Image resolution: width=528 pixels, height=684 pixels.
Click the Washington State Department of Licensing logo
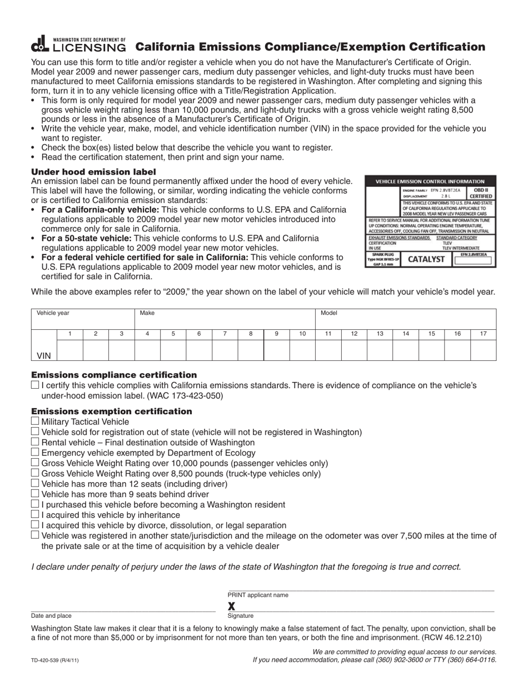coord(78,44)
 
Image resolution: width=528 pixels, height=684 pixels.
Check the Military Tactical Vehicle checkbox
coord(35,422)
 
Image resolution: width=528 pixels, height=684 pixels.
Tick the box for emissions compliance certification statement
coord(35,385)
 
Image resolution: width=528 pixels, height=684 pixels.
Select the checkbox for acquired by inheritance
coord(35,514)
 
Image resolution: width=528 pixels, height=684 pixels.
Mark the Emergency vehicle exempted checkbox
coord(35,453)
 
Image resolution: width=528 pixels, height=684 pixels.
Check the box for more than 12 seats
coord(35,483)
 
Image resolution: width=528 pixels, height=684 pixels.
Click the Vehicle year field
coord(83,318)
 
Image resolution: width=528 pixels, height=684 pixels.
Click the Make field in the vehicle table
coord(225,318)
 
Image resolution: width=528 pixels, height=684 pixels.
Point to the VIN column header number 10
coord(302,334)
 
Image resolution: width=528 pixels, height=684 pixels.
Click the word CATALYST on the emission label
coord(426,259)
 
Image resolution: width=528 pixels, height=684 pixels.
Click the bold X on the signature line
coord(232,606)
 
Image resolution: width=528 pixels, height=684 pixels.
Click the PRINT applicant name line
coord(360,589)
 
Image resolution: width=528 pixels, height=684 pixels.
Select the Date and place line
coord(123,611)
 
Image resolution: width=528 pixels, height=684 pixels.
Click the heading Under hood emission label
coord(93,172)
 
